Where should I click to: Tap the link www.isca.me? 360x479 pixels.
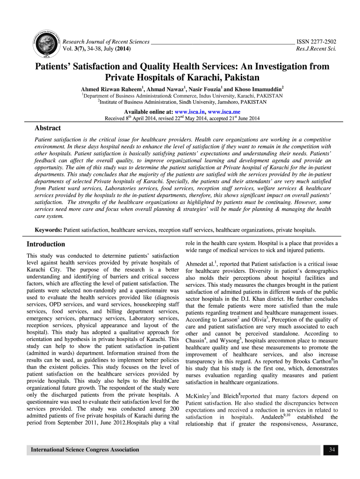224,112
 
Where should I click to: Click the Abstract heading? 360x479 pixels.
48,128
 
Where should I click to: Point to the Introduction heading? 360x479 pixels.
46,244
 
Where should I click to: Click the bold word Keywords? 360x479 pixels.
49,230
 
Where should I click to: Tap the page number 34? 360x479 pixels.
331,450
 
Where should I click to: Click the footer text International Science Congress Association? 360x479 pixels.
85,450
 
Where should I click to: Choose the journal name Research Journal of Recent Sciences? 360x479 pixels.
106,42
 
